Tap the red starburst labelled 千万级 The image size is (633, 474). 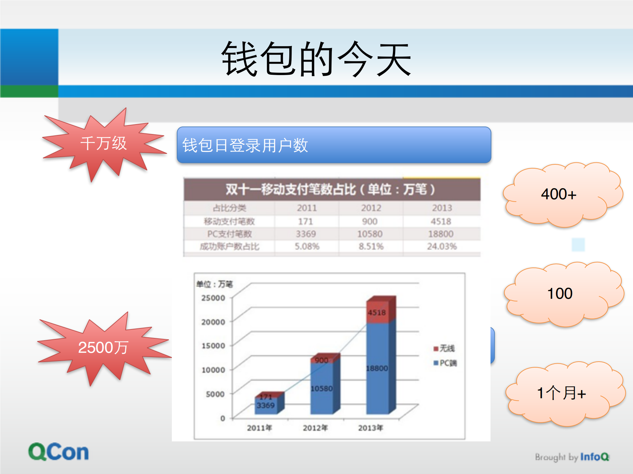coord(103,144)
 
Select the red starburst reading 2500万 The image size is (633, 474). coord(103,348)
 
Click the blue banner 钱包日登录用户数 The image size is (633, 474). coord(334,145)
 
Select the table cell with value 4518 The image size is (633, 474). coord(441,221)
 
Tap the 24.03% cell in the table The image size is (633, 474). coord(442,246)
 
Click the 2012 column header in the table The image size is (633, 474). coord(371,208)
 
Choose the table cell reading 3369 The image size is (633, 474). coord(306,234)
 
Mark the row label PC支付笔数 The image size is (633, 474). coord(230,234)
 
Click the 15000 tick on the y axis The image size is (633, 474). coord(213,346)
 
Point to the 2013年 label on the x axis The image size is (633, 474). coord(370,428)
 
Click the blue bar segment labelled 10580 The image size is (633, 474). coord(322,389)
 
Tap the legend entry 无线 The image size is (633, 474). coord(444,348)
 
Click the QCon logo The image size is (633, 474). coord(59,452)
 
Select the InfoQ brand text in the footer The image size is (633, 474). coord(594,457)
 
